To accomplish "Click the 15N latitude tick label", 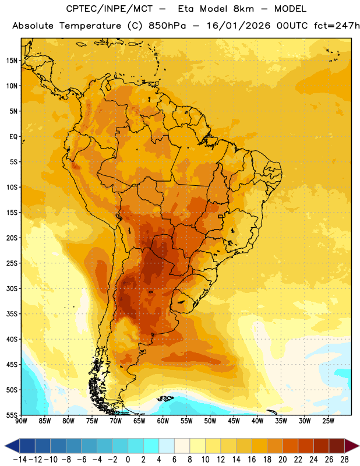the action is click(12, 61).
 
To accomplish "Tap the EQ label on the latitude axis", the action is click(13, 137).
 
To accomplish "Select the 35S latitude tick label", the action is click(12, 314).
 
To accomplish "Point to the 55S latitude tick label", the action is click(12, 415).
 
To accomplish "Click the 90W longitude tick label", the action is click(21, 421).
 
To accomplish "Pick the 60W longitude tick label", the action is click(163, 421).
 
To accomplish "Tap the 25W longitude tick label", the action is click(328, 421).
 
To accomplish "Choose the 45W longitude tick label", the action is click(234, 421).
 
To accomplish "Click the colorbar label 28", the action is click(344, 460).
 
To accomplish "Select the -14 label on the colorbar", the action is click(20, 460).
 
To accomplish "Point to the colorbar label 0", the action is click(128, 460).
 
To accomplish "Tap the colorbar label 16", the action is click(252, 460).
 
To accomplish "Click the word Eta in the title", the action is click(185, 9).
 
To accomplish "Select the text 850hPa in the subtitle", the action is click(167, 26).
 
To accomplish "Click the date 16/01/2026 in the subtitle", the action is click(238, 26).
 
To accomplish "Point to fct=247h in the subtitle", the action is click(337, 26).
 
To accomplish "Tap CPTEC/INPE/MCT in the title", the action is click(109, 9).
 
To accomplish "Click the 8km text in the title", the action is click(243, 9).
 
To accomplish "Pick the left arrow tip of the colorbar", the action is click(5, 446).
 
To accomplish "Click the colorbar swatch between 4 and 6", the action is click(167, 446).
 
